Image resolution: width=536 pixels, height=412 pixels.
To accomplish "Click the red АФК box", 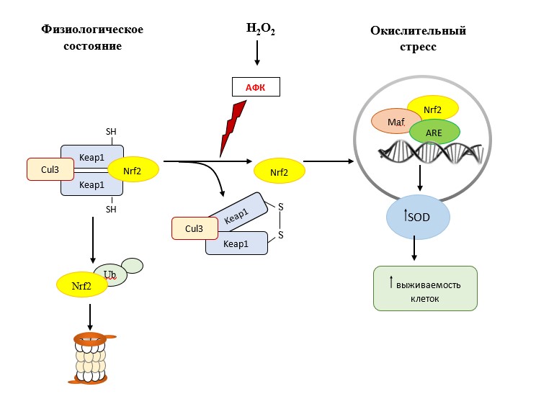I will [255, 87].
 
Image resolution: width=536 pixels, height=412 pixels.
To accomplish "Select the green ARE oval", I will [434, 133].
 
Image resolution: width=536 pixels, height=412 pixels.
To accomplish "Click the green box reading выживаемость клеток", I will [425, 288].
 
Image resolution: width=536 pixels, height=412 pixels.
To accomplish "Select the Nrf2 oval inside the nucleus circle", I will [433, 109].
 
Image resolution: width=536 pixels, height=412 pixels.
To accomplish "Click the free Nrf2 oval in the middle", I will [279, 172].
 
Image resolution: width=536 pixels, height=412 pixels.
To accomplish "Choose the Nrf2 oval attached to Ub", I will [82, 285].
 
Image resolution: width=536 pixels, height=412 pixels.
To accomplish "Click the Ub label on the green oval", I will [110, 274].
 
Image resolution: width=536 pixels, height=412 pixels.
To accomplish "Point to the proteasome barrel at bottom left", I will [89, 358].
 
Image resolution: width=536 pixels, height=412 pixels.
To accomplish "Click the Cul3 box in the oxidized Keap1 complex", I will [195, 229].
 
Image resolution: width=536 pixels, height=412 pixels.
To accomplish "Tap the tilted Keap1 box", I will [236, 212].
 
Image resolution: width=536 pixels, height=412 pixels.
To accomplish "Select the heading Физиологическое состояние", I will [93, 37].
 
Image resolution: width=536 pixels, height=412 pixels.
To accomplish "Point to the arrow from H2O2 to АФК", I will [258, 56].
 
